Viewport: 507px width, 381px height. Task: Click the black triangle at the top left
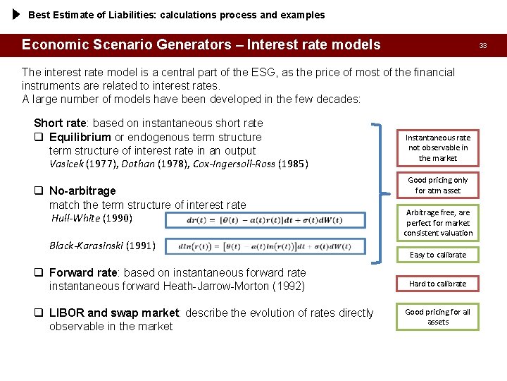click(17, 14)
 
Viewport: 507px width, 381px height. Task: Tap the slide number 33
click(483, 45)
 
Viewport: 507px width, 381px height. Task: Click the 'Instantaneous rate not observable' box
click(438, 147)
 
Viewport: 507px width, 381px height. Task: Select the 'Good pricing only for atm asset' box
click(438, 185)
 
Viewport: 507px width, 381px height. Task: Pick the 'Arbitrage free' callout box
click(438, 222)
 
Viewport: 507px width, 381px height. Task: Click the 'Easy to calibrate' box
click(438, 255)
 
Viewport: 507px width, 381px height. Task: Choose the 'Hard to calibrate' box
click(438, 284)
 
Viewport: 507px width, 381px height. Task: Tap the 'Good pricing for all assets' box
click(438, 317)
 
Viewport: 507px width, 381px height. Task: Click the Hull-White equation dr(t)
click(265, 220)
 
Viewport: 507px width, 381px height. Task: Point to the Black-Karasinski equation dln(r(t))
click(265, 246)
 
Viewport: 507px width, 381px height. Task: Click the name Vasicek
click(66, 164)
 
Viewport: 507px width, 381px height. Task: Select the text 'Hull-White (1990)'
click(92, 218)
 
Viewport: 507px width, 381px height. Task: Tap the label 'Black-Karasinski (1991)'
click(102, 246)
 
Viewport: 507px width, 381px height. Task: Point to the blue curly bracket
click(384, 190)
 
